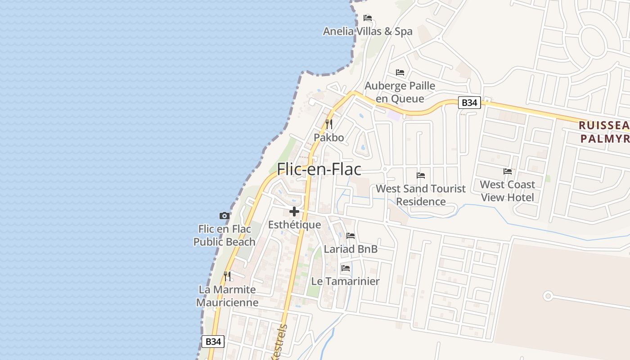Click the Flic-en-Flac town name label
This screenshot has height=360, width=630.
tap(319, 169)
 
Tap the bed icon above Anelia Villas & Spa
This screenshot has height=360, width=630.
tap(368, 18)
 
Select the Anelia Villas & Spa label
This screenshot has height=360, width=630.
tap(368, 31)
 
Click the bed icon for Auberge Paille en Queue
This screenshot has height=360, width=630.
tap(400, 72)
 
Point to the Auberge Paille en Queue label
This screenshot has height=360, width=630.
tap(400, 92)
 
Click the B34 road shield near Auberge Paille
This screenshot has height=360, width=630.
tap(469, 103)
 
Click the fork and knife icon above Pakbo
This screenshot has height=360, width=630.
tap(329, 124)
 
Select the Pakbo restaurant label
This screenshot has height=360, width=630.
tap(329, 138)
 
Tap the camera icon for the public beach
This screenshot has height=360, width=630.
tap(225, 216)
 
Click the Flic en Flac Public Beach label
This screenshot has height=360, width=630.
tap(225, 235)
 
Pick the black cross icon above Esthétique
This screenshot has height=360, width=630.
tap(294, 211)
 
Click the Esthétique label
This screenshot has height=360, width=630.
tap(295, 225)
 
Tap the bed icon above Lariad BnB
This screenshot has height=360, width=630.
tap(351, 236)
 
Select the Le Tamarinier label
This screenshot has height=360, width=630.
tap(346, 281)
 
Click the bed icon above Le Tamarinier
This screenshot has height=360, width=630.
tap(346, 268)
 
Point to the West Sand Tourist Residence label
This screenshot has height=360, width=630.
tap(421, 195)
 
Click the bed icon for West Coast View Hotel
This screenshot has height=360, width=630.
tap(508, 171)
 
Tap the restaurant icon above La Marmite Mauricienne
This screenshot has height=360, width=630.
tap(227, 276)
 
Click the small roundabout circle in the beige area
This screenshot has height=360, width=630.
tap(548, 296)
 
